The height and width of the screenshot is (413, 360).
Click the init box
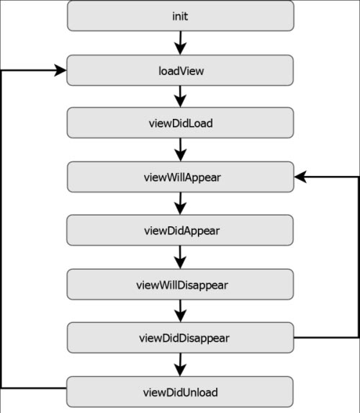click(181, 16)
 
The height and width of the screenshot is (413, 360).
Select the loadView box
click(180, 71)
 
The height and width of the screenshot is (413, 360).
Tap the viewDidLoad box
click(180, 123)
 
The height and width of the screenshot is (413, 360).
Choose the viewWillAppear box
click(181, 177)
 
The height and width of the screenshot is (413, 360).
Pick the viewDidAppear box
click(180, 230)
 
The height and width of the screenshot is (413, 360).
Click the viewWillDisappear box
click(180, 285)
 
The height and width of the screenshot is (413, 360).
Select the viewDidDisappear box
click(181, 337)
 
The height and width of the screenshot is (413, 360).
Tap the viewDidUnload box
click(180, 392)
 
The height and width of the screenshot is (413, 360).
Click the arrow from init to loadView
click(180, 43)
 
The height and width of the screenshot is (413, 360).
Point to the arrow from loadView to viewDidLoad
click(180, 97)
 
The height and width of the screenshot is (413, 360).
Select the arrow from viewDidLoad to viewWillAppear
click(180, 150)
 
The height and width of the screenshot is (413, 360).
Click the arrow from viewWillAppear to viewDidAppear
click(180, 203)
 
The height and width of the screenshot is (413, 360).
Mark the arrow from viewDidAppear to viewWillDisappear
click(180, 257)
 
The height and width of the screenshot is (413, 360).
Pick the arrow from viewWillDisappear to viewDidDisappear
click(180, 311)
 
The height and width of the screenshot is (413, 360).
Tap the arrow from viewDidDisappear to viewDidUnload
click(180, 365)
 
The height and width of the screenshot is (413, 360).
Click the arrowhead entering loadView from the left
click(60, 71)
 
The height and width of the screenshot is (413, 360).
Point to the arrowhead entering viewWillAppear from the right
click(300, 177)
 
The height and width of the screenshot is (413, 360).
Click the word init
click(180, 17)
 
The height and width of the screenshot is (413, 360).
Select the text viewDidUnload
click(181, 392)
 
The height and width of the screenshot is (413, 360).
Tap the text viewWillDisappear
click(182, 285)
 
